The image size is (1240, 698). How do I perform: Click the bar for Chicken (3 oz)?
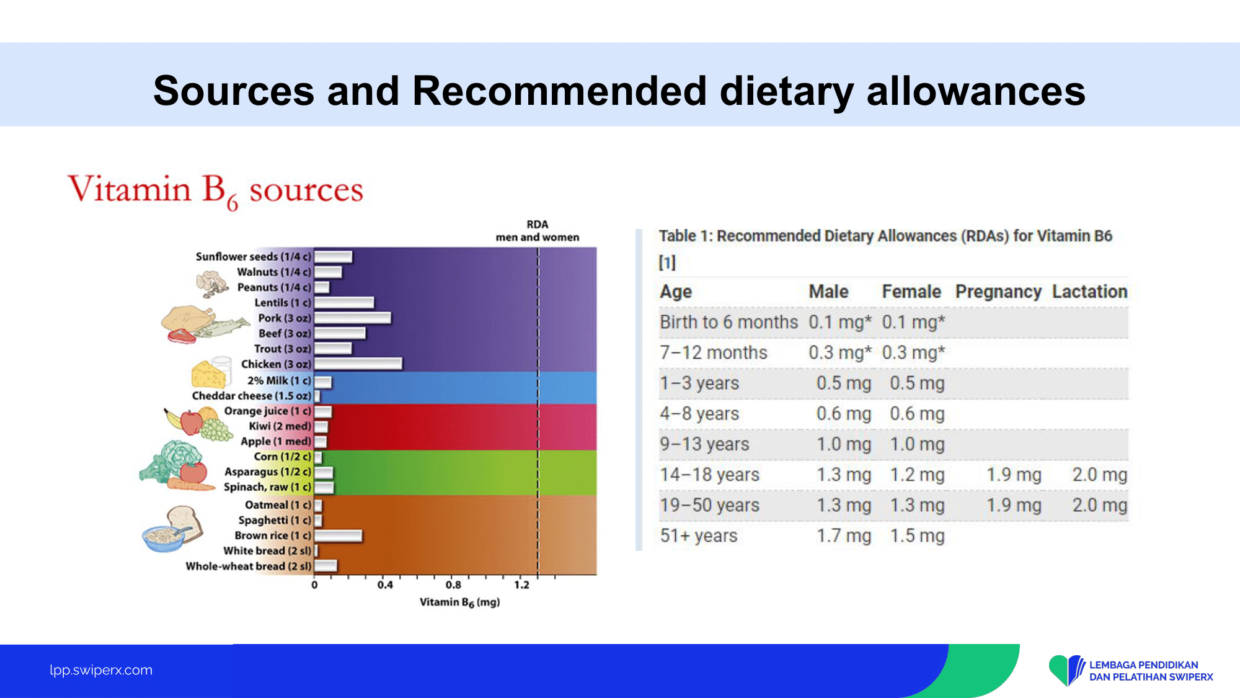click(358, 364)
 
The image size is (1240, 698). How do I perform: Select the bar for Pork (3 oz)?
click(353, 318)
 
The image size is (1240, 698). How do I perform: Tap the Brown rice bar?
click(338, 535)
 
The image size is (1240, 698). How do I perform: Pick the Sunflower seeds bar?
click(333, 256)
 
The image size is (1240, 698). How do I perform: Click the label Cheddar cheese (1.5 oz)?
click(252, 396)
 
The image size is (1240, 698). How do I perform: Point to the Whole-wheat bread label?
click(249, 566)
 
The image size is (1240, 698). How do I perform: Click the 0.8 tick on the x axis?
click(453, 584)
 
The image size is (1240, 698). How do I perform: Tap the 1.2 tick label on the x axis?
click(522, 584)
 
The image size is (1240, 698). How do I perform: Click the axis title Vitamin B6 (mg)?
click(459, 602)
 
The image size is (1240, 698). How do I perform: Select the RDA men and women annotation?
click(538, 231)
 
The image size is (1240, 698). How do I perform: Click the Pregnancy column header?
click(998, 292)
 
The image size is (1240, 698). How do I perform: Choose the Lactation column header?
click(1089, 292)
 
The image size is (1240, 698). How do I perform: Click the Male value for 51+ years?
click(844, 535)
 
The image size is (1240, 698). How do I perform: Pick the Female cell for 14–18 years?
click(917, 475)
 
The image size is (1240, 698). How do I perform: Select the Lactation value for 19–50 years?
click(1100, 505)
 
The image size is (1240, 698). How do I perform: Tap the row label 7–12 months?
click(714, 352)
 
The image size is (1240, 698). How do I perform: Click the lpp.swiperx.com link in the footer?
click(101, 670)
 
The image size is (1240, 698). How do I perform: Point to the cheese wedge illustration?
click(208, 375)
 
